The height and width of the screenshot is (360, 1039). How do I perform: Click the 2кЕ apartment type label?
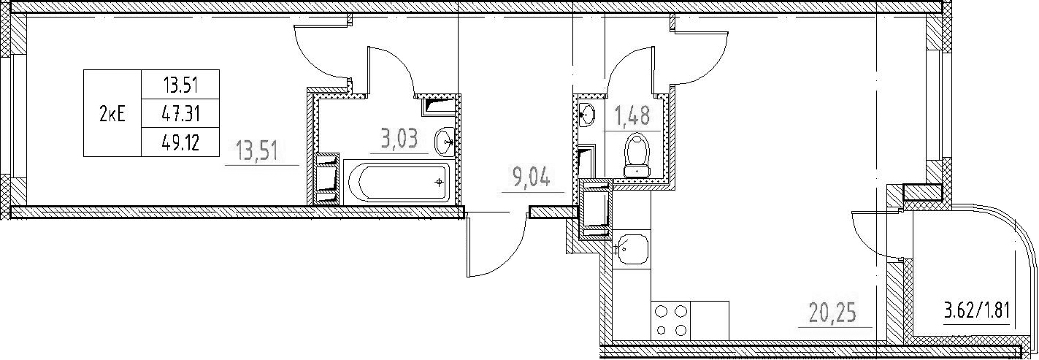coord(112,113)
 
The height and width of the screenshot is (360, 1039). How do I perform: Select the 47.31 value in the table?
coord(181,113)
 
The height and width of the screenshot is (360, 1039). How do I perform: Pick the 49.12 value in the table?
coord(181,142)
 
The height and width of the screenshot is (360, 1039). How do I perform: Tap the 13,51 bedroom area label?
coord(258,151)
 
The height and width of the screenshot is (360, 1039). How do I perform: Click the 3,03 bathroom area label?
coord(399,139)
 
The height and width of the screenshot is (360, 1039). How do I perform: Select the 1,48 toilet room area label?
coord(633,116)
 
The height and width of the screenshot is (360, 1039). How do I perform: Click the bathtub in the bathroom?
coord(396,183)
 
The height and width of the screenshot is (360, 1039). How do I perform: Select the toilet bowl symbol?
coord(637,156)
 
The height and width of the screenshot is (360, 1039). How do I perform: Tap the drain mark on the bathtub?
coord(438,183)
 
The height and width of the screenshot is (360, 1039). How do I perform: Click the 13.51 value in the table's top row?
coord(181,85)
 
